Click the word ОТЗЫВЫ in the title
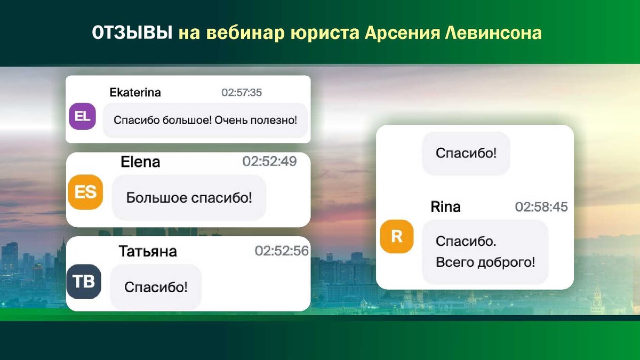[x=132, y=33]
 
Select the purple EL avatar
[x=82, y=116]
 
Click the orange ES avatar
[x=85, y=192]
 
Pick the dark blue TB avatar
[x=84, y=282]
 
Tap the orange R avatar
[x=397, y=236]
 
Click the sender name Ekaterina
[x=135, y=93]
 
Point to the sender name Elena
[x=140, y=162]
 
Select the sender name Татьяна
[x=148, y=251]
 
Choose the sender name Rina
[x=445, y=207]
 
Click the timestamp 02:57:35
[x=242, y=93]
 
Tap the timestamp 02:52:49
[x=269, y=162]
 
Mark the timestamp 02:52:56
[x=282, y=251]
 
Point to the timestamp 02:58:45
[x=541, y=207]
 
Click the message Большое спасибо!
[x=189, y=198]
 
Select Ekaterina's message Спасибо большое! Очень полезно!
[x=205, y=120]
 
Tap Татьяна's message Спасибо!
[x=156, y=287]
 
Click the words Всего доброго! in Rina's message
[x=485, y=262]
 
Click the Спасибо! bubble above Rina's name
[x=466, y=154]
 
